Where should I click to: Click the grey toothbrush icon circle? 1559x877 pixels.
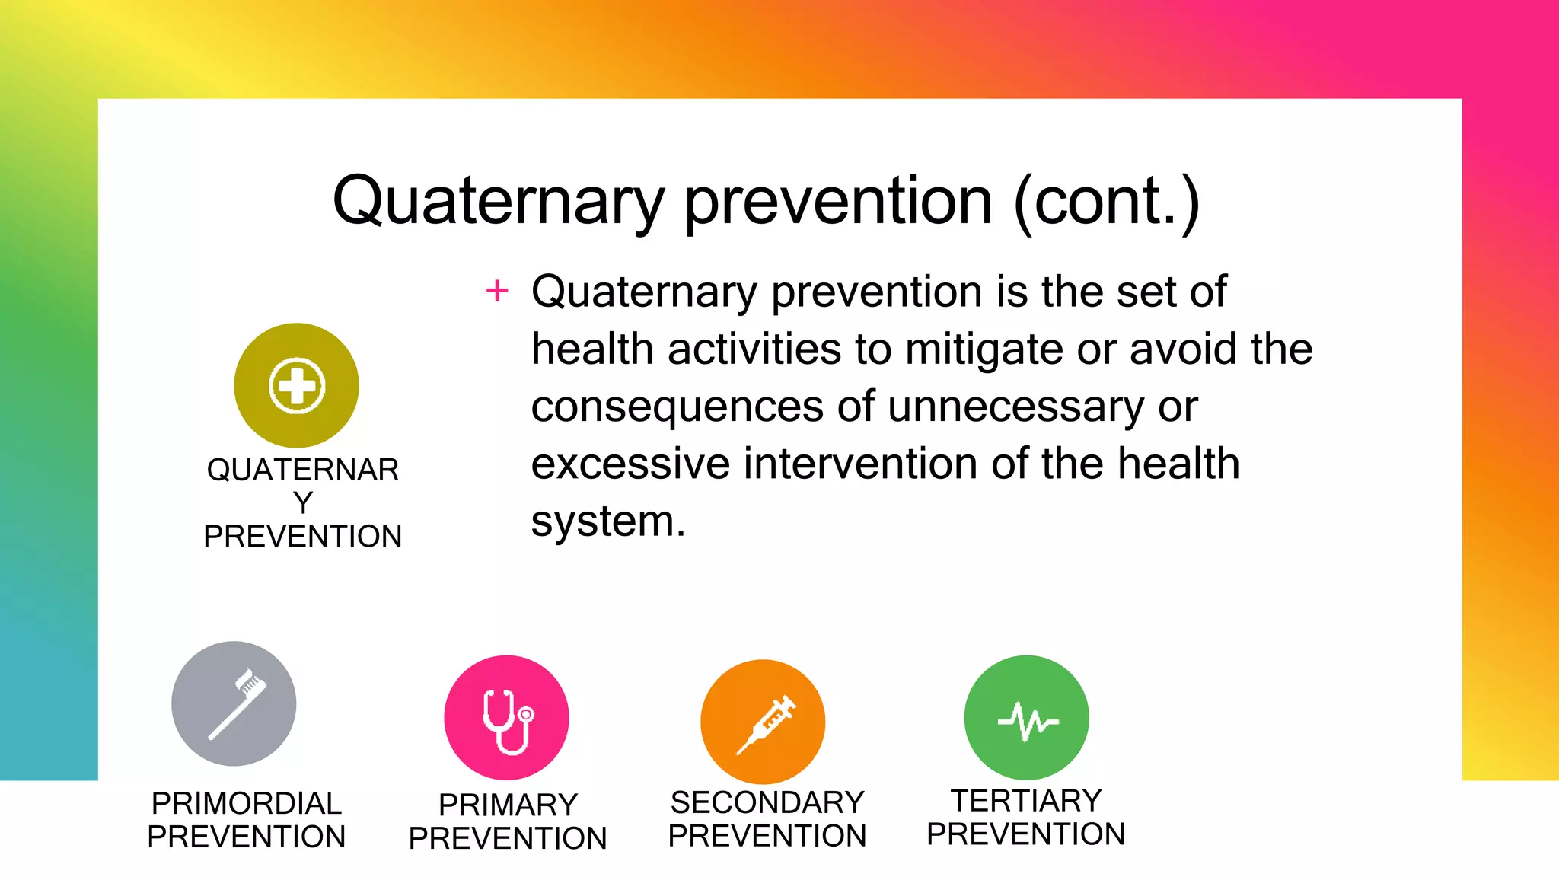click(x=234, y=703)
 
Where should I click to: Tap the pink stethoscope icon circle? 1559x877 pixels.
click(x=506, y=717)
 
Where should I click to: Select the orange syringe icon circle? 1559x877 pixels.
click(x=763, y=722)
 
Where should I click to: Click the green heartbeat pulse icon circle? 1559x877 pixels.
click(x=1026, y=717)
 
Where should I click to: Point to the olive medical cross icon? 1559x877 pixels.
click(x=296, y=385)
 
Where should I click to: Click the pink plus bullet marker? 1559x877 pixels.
click(x=497, y=291)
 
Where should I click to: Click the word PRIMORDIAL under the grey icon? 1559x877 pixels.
click(x=247, y=804)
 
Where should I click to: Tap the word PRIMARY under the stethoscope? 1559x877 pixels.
click(x=508, y=805)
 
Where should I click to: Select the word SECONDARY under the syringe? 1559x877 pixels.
click(x=767, y=803)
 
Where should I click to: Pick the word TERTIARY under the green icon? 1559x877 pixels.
click(x=1026, y=801)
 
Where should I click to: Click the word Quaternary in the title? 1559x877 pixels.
click(x=499, y=202)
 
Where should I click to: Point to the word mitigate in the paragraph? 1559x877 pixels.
click(x=984, y=350)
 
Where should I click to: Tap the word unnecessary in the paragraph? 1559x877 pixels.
click(x=1015, y=407)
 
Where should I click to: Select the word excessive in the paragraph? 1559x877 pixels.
click(x=630, y=464)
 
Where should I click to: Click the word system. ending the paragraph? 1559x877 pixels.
click(x=608, y=522)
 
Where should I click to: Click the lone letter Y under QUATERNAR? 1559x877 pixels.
click(x=303, y=503)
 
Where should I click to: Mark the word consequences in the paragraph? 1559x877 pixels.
click(x=677, y=407)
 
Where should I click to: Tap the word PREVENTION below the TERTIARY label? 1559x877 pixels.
click(x=1026, y=834)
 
